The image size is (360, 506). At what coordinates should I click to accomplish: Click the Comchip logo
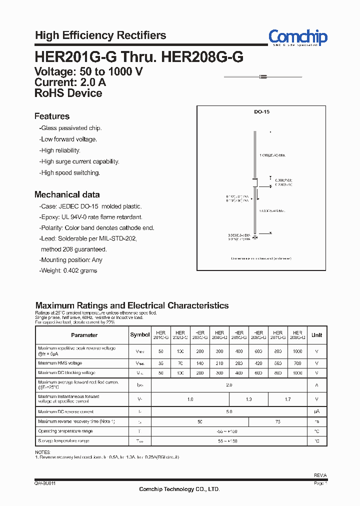(297, 37)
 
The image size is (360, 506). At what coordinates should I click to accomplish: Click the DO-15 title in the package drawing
(262, 112)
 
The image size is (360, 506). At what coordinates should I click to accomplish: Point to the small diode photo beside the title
(263, 76)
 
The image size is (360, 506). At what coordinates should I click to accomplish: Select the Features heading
(52, 116)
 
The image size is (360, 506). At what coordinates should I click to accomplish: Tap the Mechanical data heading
(67, 195)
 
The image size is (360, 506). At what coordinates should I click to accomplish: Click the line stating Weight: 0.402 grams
(68, 270)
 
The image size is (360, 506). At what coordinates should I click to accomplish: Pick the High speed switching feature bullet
(70, 173)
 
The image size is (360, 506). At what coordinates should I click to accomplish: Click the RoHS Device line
(68, 93)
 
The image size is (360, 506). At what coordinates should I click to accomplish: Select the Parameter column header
(84, 335)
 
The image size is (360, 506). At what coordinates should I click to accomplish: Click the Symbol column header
(140, 335)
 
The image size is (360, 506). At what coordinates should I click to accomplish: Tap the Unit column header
(317, 335)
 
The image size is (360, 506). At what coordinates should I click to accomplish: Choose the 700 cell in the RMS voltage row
(297, 363)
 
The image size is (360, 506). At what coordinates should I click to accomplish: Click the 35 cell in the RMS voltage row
(161, 363)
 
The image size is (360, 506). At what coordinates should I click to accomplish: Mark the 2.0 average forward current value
(229, 385)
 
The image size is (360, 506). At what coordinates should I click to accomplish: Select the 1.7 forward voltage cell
(287, 399)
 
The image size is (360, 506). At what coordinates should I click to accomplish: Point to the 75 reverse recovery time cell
(278, 422)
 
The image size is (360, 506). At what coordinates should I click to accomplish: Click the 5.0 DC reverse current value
(229, 412)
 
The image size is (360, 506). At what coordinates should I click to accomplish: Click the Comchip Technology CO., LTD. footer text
(179, 489)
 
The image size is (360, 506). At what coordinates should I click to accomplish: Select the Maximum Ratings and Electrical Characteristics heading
(132, 305)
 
